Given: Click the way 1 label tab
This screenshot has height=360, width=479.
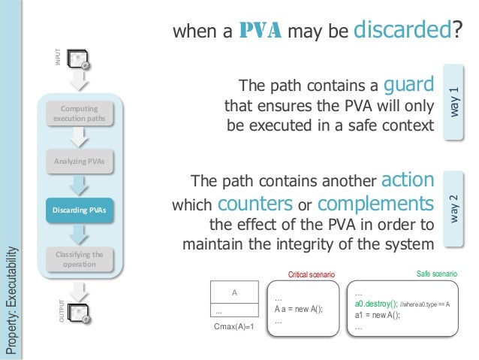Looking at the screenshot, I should click(x=455, y=99).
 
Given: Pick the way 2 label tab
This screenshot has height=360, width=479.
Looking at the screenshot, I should click(x=455, y=209).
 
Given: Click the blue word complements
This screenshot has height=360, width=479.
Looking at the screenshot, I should click(x=376, y=204).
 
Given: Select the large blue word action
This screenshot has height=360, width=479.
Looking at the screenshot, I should click(x=408, y=180).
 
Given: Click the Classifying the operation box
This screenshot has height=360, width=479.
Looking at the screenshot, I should click(x=80, y=259).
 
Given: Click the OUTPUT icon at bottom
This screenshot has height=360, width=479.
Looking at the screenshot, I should click(x=80, y=314).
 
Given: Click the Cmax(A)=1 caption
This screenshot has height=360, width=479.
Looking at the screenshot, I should click(x=235, y=328).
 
